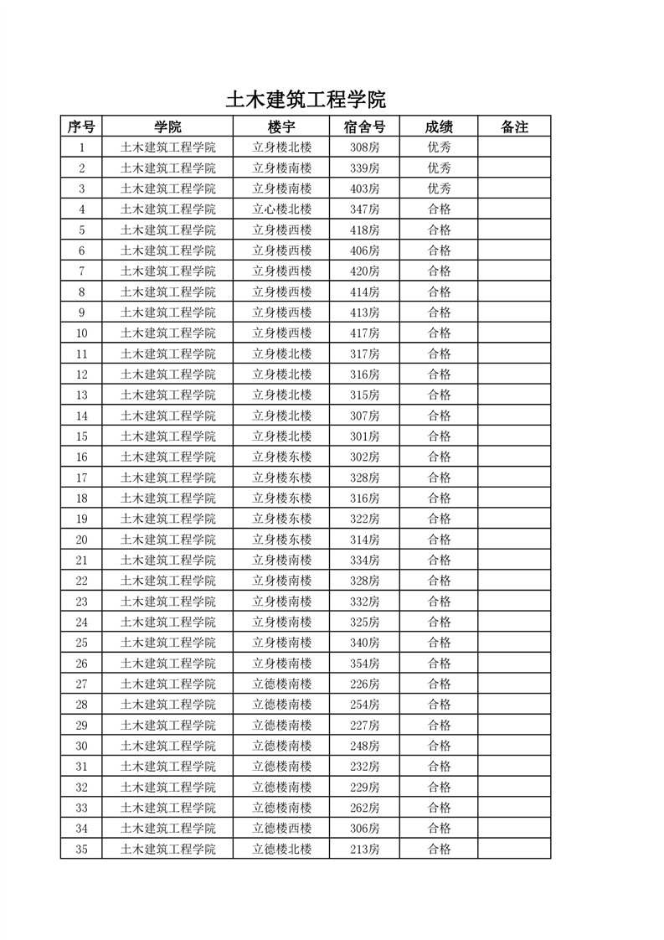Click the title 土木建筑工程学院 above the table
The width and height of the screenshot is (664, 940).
(306, 101)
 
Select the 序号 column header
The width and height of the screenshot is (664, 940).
(81, 127)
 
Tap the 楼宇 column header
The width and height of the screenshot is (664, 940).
(281, 127)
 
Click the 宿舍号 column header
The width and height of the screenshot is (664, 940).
(364, 127)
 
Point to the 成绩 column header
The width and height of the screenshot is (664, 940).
(439, 127)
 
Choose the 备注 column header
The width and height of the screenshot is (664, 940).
(514, 127)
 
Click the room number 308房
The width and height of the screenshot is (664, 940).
(365, 147)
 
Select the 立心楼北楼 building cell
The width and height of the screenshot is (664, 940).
(282, 209)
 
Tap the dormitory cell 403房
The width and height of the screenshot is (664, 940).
(365, 189)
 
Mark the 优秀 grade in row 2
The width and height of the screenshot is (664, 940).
(440, 168)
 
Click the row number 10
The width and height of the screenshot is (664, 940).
(82, 333)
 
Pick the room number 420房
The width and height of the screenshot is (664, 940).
(365, 271)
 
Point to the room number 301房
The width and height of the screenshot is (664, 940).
(365, 436)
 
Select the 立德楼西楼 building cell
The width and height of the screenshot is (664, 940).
(282, 829)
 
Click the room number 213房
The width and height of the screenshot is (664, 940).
(365, 850)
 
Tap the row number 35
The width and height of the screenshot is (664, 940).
(82, 850)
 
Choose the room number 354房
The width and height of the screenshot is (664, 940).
(365, 664)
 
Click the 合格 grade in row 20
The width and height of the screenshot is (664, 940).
(440, 540)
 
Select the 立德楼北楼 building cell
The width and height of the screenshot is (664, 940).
(282, 850)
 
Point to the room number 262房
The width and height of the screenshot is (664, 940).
(365, 808)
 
